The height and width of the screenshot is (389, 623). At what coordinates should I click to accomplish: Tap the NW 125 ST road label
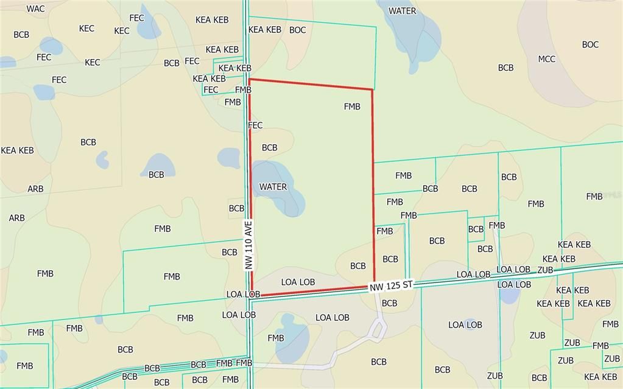coord(391,285)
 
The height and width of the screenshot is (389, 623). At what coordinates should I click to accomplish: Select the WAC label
coord(36,9)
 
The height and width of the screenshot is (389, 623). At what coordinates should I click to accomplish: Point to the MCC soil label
coord(546,59)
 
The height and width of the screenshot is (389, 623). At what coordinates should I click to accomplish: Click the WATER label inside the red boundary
coord(273,187)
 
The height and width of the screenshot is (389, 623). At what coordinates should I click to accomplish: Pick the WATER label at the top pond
coord(403,11)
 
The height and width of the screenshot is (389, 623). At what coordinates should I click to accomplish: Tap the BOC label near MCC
coord(590,44)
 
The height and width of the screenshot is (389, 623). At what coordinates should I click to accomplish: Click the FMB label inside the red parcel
coord(352,107)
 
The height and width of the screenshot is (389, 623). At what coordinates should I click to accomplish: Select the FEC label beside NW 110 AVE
coord(255,125)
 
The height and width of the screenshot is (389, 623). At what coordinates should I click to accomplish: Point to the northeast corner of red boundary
coord(372,89)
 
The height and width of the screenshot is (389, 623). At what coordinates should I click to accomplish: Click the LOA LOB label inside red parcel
coord(298,282)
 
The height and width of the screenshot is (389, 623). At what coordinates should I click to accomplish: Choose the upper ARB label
coord(35,189)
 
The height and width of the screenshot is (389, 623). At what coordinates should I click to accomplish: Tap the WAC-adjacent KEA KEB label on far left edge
coord(18,150)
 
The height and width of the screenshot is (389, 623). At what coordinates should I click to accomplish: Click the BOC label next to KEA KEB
coord(298,30)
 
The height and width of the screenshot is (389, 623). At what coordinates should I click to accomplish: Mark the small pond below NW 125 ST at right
coord(509,295)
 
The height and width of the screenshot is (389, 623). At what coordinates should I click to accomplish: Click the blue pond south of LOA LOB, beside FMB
coord(291,337)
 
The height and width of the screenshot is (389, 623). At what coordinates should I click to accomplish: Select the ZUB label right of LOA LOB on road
coord(545,270)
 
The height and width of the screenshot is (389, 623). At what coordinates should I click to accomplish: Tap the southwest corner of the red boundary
coord(252,296)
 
